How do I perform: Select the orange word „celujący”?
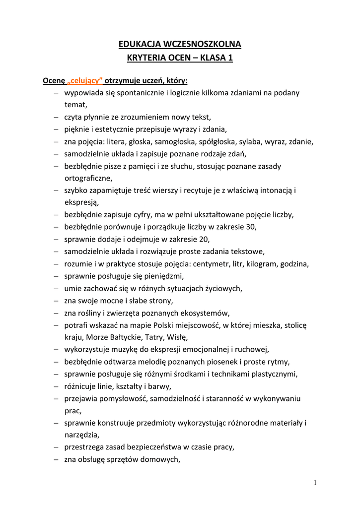85,80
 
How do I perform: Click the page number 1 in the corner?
315,483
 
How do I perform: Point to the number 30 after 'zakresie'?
251,227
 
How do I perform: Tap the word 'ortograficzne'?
88,178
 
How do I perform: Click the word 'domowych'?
162,459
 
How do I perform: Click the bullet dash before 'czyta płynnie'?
57,118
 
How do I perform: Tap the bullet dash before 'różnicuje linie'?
57,386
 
